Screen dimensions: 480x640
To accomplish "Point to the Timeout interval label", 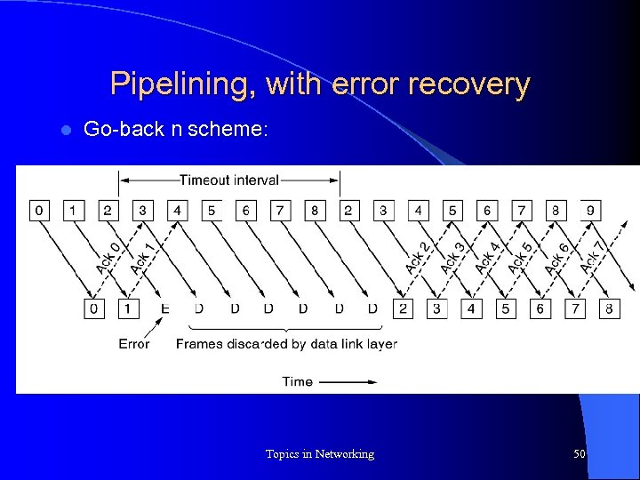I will [x=229, y=180].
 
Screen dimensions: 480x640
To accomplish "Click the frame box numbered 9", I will [x=591, y=211].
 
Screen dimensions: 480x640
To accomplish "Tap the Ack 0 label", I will [x=108, y=259].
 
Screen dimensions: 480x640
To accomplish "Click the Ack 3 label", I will [x=452, y=259].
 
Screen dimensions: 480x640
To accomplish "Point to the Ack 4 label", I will [x=487, y=259].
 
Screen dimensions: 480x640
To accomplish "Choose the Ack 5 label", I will [x=522, y=259].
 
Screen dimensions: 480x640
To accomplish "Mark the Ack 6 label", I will [x=556, y=259].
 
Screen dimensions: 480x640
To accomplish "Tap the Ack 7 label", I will [x=591, y=259].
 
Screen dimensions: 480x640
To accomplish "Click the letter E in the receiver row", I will [x=164, y=308].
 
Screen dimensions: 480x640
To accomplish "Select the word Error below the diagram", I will [x=134, y=344].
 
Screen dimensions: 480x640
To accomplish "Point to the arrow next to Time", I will [x=348, y=382].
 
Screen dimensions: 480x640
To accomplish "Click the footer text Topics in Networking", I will [x=320, y=454].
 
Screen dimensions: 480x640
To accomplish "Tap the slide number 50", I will [x=580, y=454].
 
